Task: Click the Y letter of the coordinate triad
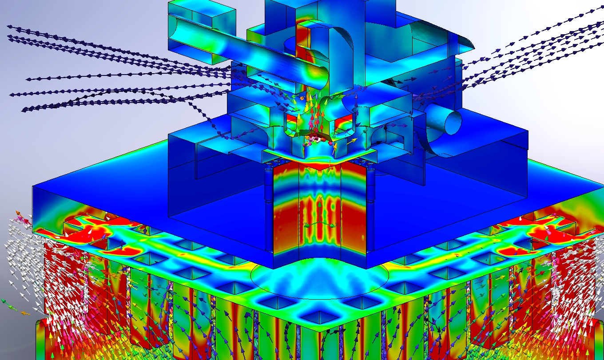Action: (x=320, y=197)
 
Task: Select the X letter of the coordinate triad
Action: (x=337, y=225)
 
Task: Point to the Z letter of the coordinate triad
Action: (x=306, y=225)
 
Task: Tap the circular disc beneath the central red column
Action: (x=320, y=277)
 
